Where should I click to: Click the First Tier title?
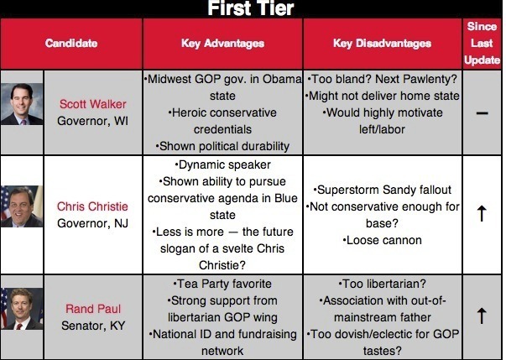(x=252, y=9)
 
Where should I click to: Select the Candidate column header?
(x=71, y=43)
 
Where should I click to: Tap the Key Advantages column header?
(x=222, y=43)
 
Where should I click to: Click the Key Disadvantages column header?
(x=382, y=43)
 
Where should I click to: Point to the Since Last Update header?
(x=482, y=43)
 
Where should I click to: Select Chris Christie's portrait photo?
(x=21, y=207)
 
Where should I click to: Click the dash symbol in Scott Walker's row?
(x=482, y=113)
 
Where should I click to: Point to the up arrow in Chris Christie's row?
(x=482, y=215)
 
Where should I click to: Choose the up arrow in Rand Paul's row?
(x=482, y=316)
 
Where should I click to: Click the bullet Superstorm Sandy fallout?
(x=382, y=190)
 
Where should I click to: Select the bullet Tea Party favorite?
(x=222, y=284)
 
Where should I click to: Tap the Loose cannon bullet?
(x=382, y=240)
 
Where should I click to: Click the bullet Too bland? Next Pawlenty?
(x=382, y=80)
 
